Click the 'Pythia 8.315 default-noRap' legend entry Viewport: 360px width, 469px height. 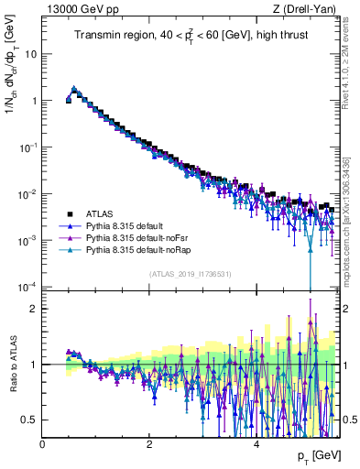[x=140, y=248]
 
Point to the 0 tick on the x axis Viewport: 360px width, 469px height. [x=43, y=444]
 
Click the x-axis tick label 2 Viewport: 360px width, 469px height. [x=149, y=444]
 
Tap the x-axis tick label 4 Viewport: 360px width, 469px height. [x=256, y=444]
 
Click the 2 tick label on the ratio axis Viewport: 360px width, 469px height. [x=35, y=308]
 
